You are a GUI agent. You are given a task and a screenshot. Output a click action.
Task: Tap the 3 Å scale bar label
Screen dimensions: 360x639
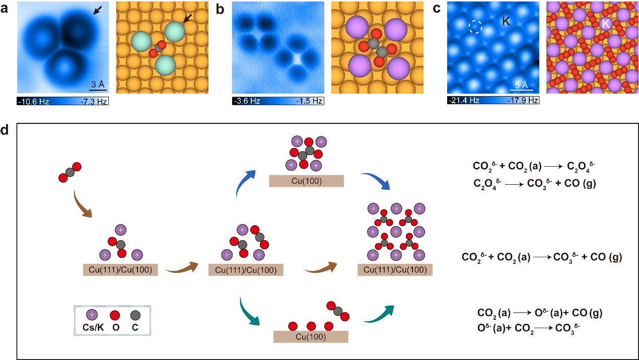pos(98,83)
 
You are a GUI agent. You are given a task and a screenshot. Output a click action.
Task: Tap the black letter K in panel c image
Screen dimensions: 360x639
pos(506,22)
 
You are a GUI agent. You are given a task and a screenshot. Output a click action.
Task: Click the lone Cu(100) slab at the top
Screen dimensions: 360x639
pos(306,180)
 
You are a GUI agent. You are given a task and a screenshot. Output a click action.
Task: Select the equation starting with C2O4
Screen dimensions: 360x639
pos(535,183)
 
